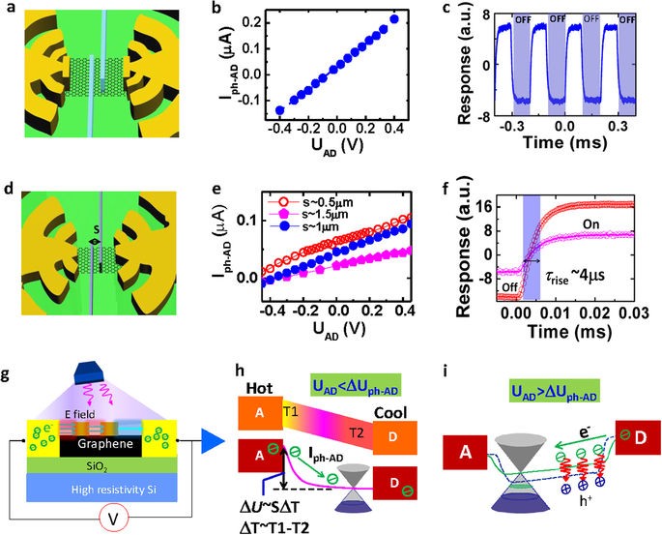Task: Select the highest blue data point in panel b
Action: click(394, 18)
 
